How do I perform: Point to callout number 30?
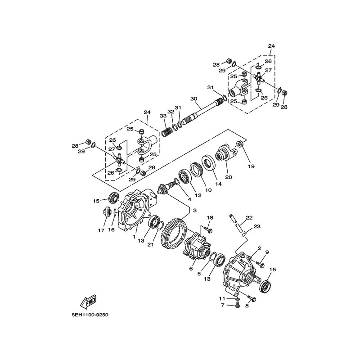(193, 99)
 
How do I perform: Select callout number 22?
(249, 218)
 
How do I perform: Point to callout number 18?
(209, 218)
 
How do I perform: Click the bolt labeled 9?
(261, 262)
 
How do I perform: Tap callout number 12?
(185, 196)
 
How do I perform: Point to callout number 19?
(252, 166)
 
